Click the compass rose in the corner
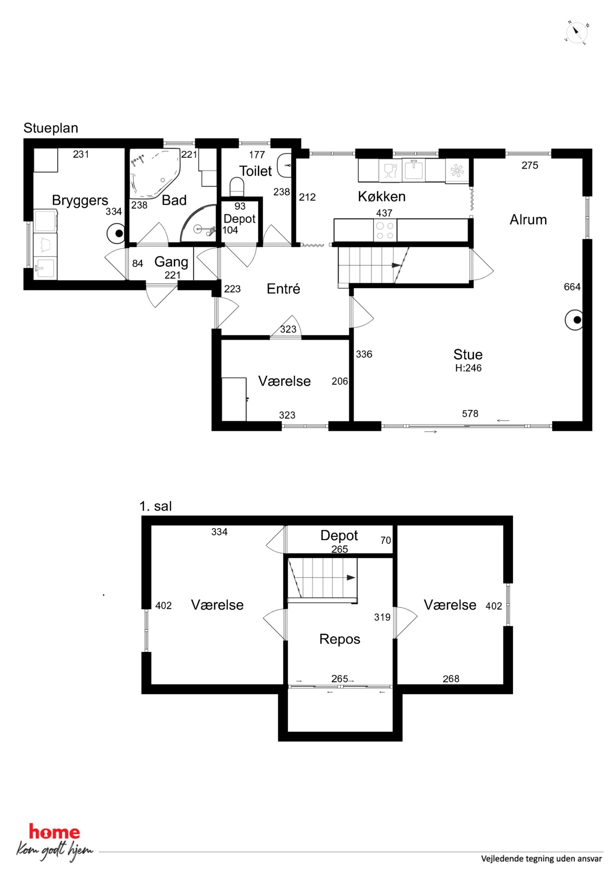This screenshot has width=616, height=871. pos(577,33)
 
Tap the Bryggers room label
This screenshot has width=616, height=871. pos(80,200)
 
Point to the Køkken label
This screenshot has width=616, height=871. pos(382,196)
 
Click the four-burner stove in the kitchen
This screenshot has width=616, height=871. pos(385,230)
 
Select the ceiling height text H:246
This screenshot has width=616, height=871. pos(468,368)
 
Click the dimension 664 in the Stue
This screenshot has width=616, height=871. pos(572,287)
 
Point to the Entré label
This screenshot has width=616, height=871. pos(283,289)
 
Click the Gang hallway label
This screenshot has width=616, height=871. pos(171,262)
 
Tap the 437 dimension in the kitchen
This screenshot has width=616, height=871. pos(384,213)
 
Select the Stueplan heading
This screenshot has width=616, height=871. pos(51,128)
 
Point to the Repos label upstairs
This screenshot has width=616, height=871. pos(340,639)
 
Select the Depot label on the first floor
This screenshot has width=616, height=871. pos(339,535)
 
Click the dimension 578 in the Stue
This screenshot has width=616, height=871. pos(470,413)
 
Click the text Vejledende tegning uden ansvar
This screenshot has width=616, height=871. pos(541,859)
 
